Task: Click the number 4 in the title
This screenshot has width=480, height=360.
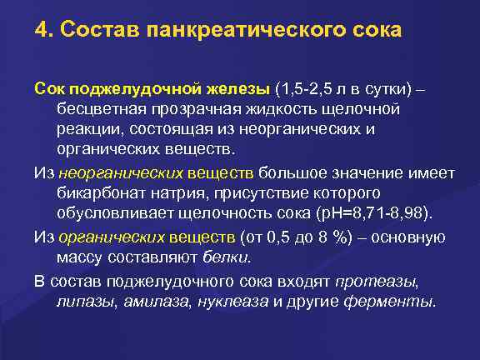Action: coord(40,31)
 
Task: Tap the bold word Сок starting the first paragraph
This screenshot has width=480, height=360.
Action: coord(48,89)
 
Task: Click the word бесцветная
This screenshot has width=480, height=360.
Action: coord(98,110)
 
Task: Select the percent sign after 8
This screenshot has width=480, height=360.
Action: coord(350,236)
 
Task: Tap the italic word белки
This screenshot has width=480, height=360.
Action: coord(229,257)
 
